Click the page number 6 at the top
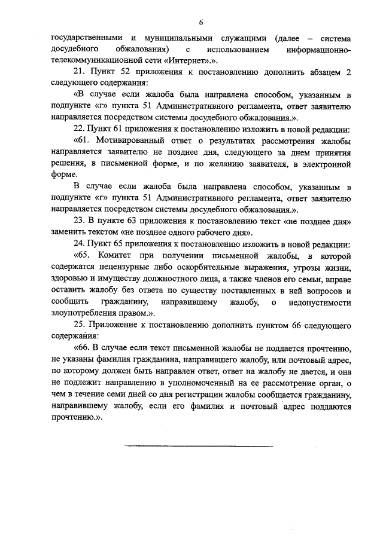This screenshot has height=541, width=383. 201,22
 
